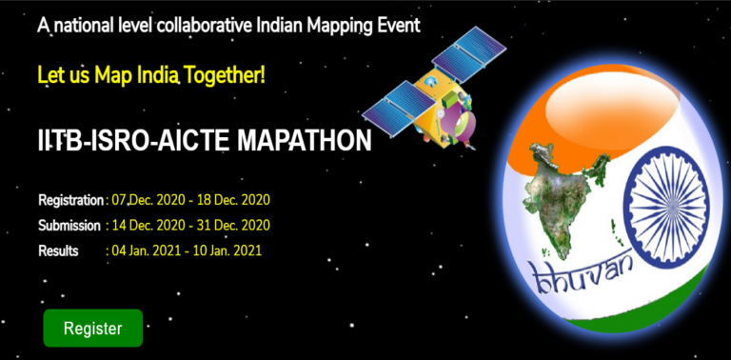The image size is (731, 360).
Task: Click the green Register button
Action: point(92,329)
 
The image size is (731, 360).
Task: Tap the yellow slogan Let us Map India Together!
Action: point(151,74)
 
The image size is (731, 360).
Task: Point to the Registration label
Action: point(70,200)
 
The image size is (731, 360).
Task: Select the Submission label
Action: point(69,226)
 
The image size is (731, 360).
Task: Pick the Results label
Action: point(58,251)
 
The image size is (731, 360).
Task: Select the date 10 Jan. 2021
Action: point(229,251)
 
